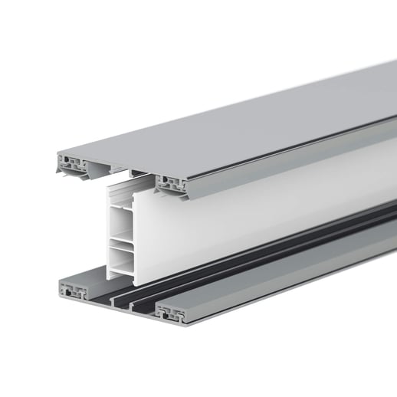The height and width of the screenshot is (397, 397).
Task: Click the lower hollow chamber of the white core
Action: pyautogui.click(x=122, y=256)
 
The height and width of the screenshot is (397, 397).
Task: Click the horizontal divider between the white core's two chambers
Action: pyautogui.click(x=122, y=241)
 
